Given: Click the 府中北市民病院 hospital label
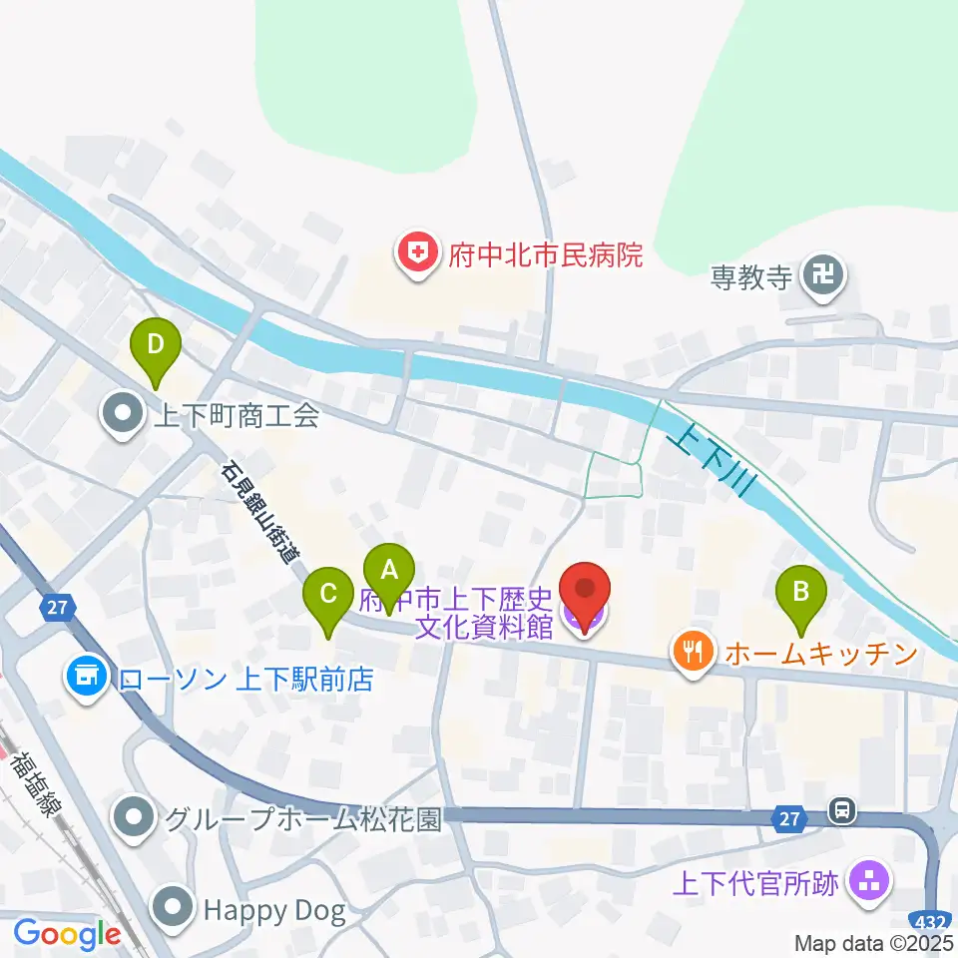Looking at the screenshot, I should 538,255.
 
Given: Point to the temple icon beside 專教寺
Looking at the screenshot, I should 824,275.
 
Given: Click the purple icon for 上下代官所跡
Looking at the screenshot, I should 865,882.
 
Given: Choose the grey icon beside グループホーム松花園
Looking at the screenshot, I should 132,819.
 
